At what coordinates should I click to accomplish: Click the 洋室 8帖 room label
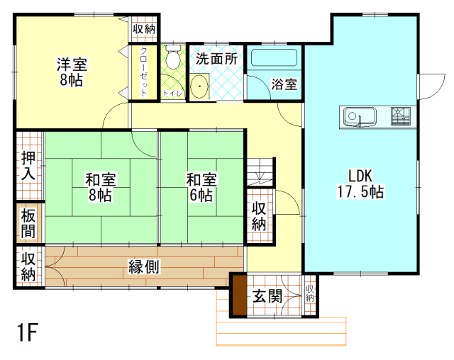pos(72,71)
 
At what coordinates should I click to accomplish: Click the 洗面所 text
pos(216,59)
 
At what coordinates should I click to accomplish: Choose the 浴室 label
pos(284,84)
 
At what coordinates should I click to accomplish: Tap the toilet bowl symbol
pos(171,60)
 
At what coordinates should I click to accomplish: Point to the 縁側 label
pos(143,266)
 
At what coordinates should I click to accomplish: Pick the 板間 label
pos(29,224)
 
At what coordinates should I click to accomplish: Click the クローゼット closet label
pos(144,72)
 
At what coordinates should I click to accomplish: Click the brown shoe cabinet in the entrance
pos(238,295)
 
